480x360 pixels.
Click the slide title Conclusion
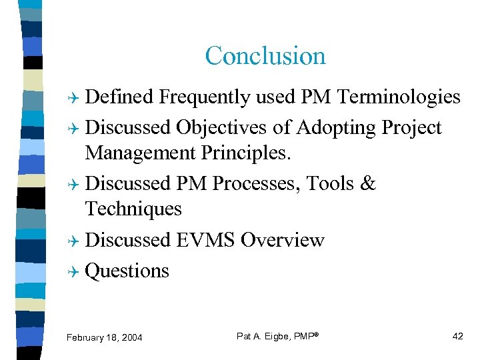pos(265,55)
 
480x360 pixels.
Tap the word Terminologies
pos(399,97)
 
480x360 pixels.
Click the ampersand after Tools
pos(368,183)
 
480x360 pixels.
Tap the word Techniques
pos(133,209)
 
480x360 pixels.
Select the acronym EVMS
pos(205,240)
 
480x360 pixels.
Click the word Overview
pos(283,240)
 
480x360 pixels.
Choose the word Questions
pos(127,271)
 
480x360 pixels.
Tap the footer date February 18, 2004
pos(105,338)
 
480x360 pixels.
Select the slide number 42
pos(457,336)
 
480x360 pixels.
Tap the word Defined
pos(119,97)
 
